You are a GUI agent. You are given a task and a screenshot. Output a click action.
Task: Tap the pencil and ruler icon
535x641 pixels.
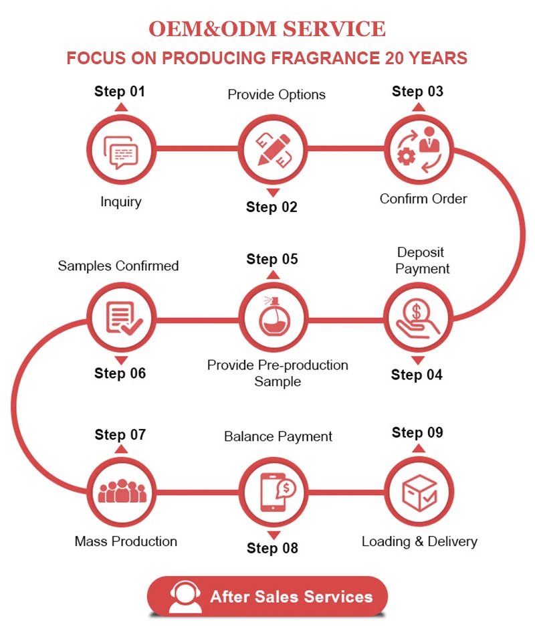click(x=274, y=149)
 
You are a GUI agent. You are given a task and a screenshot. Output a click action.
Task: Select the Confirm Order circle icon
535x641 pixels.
click(x=418, y=149)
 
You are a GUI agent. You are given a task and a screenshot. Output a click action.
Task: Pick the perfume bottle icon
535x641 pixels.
click(x=274, y=316)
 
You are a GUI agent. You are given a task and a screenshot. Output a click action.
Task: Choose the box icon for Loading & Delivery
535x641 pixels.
click(x=419, y=492)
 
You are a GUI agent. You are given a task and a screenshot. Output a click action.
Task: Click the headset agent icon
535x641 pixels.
click(x=185, y=596)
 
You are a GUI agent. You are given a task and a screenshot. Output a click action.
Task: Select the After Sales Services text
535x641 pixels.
click(x=291, y=597)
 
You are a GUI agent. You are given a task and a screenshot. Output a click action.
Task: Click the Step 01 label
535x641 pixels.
click(x=120, y=91)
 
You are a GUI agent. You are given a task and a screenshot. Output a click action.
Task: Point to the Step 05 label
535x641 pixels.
click(x=272, y=259)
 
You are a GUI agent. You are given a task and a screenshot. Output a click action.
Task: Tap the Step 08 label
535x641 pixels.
click(x=272, y=548)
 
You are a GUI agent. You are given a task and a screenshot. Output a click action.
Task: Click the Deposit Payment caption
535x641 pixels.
click(x=421, y=260)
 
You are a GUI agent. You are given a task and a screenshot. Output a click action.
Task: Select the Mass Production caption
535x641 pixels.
click(x=126, y=541)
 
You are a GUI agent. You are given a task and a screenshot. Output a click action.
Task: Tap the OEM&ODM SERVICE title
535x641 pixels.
click(x=267, y=29)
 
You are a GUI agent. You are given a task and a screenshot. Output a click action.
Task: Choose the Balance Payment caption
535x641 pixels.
click(x=278, y=436)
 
